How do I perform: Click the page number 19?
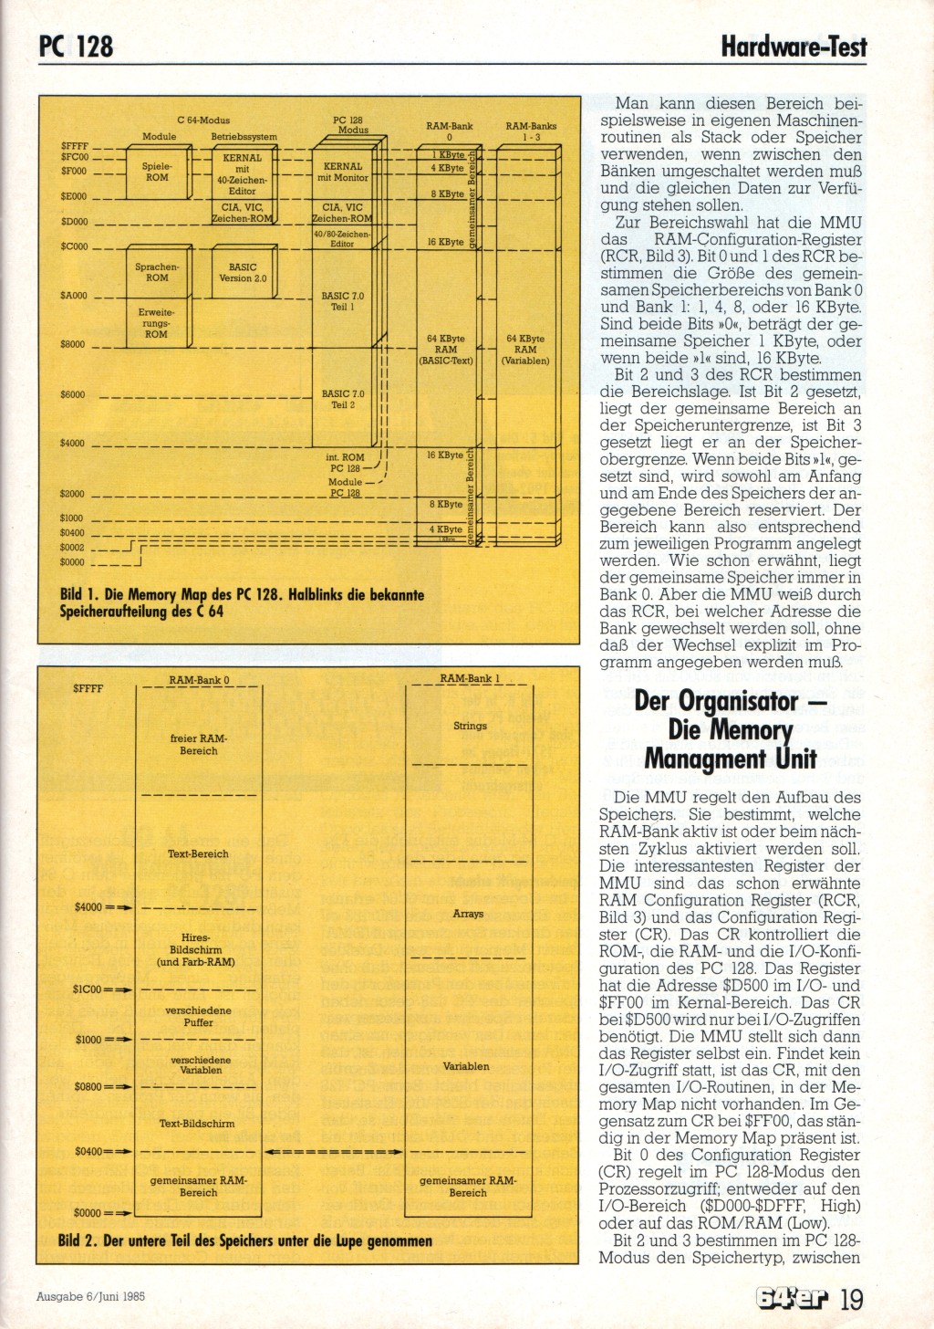pyautogui.click(x=851, y=1297)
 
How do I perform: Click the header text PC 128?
pyautogui.click(x=77, y=46)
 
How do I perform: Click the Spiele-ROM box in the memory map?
pyautogui.click(x=157, y=172)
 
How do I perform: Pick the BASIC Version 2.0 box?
pyautogui.click(x=243, y=272)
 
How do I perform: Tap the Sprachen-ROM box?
pyautogui.click(x=157, y=272)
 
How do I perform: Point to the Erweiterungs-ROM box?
pyautogui.click(x=157, y=323)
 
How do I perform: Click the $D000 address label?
pyautogui.click(x=74, y=222)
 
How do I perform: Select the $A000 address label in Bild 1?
pyautogui.click(x=74, y=296)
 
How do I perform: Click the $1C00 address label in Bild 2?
pyautogui.click(x=89, y=989)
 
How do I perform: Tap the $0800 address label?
pyautogui.click(x=89, y=1087)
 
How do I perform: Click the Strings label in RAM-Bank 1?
pyautogui.click(x=470, y=726)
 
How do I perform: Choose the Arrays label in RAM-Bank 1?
pyautogui.click(x=468, y=914)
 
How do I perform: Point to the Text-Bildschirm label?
pyautogui.click(x=197, y=1124)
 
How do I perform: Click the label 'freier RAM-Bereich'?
pyautogui.click(x=199, y=745)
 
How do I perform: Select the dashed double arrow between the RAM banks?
pyautogui.click(x=333, y=1152)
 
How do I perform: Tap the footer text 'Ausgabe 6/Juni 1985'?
pyautogui.click(x=91, y=1296)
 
